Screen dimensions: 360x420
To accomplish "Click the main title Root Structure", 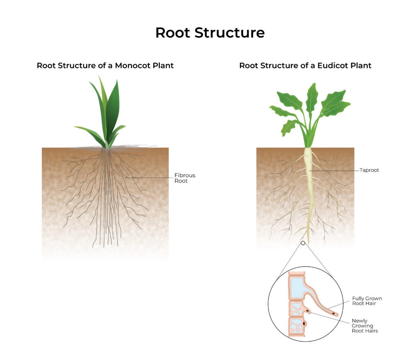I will pos(210,33).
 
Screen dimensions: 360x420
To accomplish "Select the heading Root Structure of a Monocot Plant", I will pos(105,66).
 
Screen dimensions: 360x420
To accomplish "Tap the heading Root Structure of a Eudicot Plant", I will pos(305,66).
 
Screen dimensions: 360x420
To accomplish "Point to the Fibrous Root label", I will pos(185,178).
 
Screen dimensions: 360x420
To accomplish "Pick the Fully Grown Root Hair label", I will pos(367,301).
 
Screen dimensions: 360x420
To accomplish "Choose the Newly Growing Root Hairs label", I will pos(365,326).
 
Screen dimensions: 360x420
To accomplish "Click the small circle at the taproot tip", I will pos(303,243).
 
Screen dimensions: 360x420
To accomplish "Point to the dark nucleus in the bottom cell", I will pos(304,324).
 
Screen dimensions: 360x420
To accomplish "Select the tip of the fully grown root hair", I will pos(336,315).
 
